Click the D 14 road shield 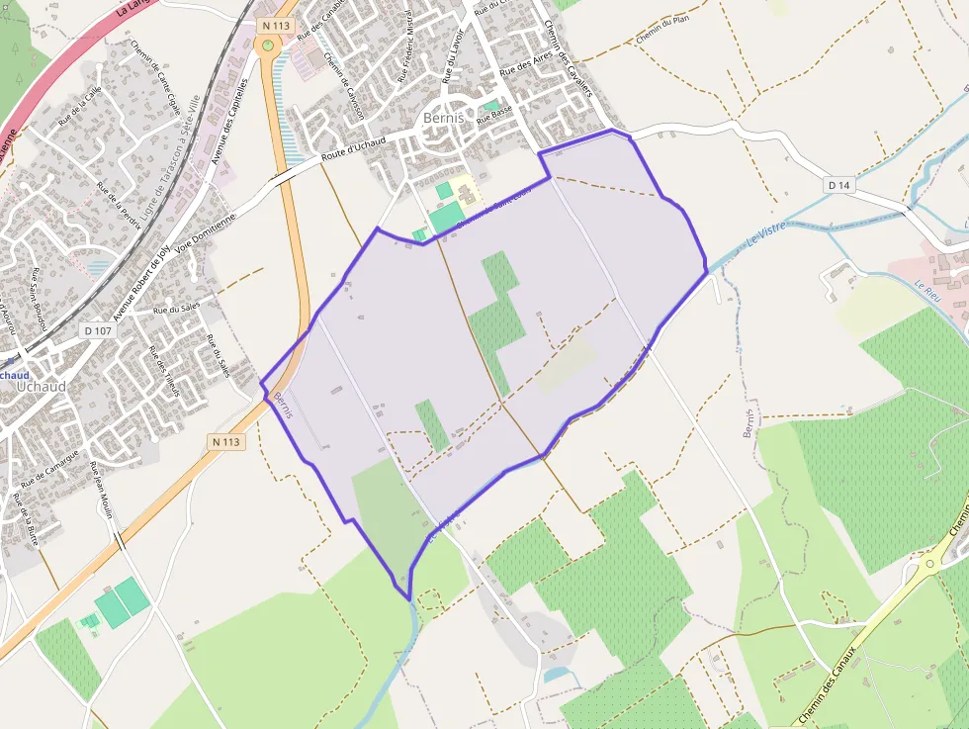tap(838, 185)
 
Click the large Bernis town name tap(443, 117)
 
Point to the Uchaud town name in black tap(41, 387)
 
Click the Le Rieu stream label tap(925, 292)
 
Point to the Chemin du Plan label tap(661, 35)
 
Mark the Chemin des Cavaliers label tap(567, 59)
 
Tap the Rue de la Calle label tap(79, 105)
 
